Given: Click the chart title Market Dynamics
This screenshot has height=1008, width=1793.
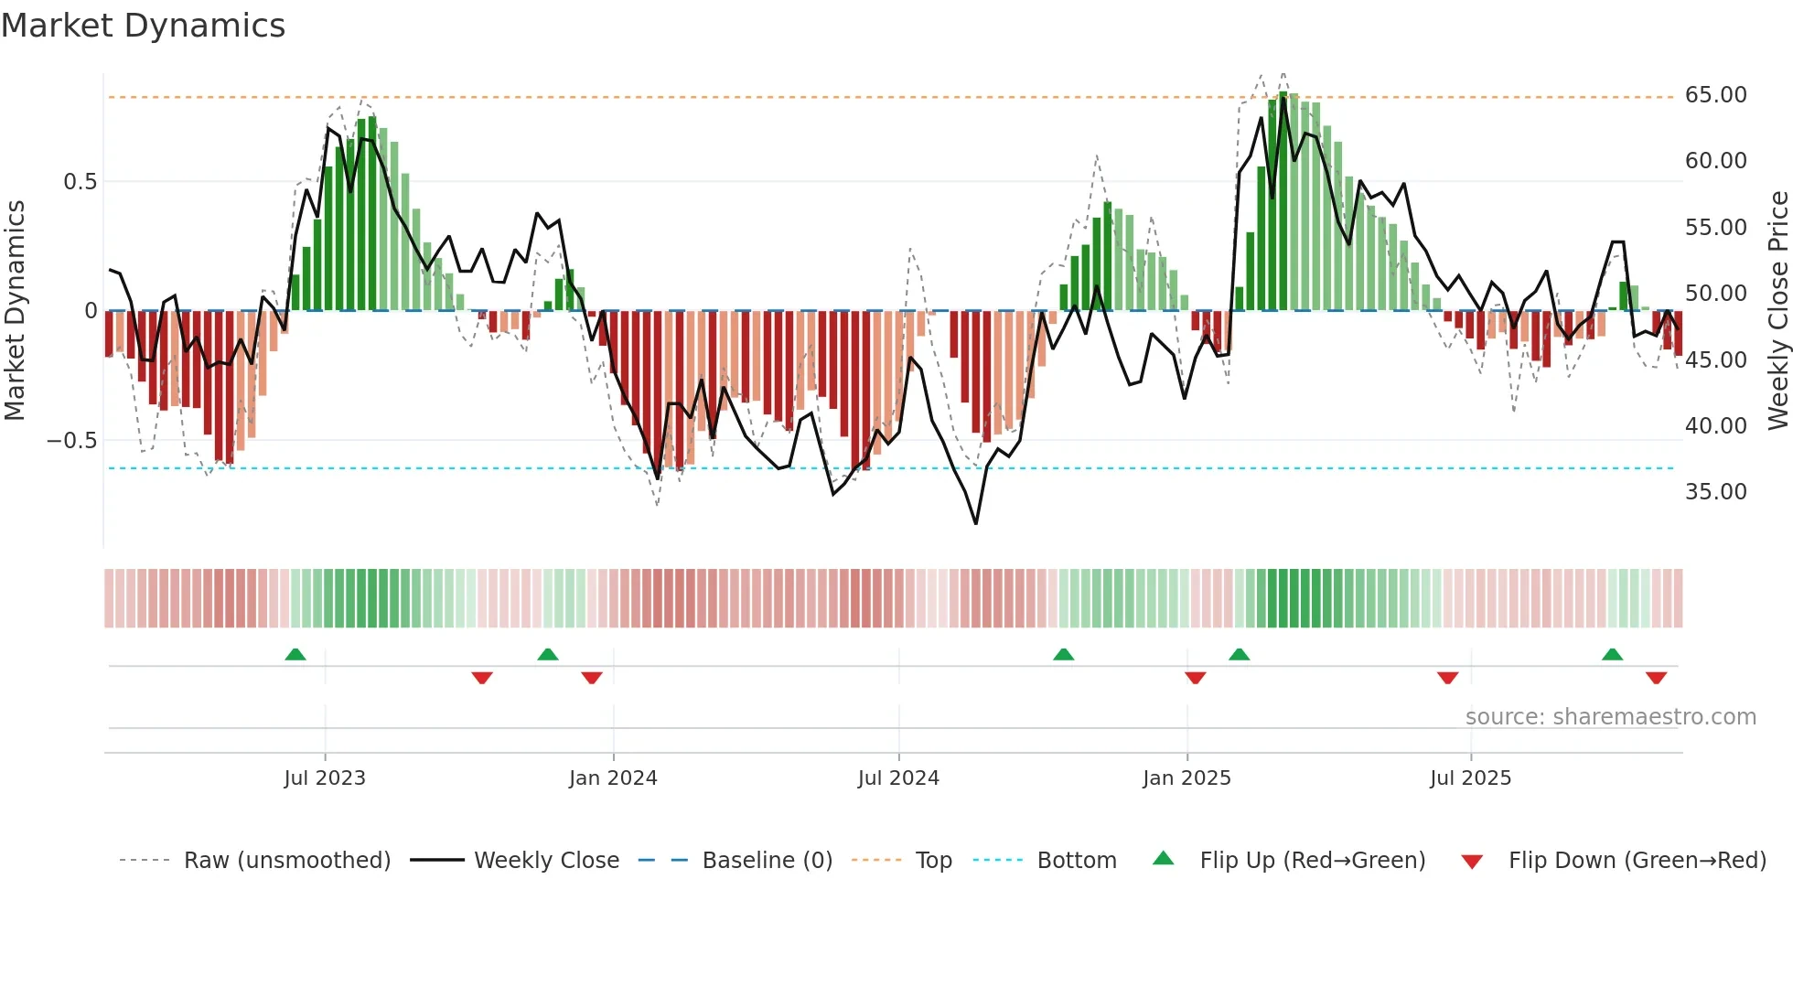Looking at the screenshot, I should [x=143, y=26].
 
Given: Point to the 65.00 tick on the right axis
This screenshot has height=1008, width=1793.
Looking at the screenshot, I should [x=1715, y=95].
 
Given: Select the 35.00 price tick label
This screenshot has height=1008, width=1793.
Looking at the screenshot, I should [x=1715, y=492].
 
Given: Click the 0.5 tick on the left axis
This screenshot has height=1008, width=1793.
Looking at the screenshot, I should [x=80, y=182].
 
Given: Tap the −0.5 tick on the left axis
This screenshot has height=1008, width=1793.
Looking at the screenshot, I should [x=72, y=441].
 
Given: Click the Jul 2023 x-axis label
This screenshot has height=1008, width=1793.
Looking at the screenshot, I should [x=324, y=778].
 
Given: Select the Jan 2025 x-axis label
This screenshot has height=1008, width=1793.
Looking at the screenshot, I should [x=1186, y=778].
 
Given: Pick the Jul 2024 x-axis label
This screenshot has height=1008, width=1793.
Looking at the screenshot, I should [x=897, y=778].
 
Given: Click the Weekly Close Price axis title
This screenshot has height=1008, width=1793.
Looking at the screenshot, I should [x=1777, y=310].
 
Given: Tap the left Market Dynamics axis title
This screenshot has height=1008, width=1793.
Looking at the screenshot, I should [x=15, y=310].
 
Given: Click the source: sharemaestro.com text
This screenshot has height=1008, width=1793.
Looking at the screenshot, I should [x=1610, y=717].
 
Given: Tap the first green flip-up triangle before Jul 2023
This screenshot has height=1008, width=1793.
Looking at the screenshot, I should [x=295, y=654].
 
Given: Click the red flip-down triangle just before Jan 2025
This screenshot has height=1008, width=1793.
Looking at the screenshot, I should [x=1195, y=678].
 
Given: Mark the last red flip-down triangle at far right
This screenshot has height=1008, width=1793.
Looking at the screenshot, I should [x=1656, y=678].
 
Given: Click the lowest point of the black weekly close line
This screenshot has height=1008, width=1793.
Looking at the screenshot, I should [x=976, y=523].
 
